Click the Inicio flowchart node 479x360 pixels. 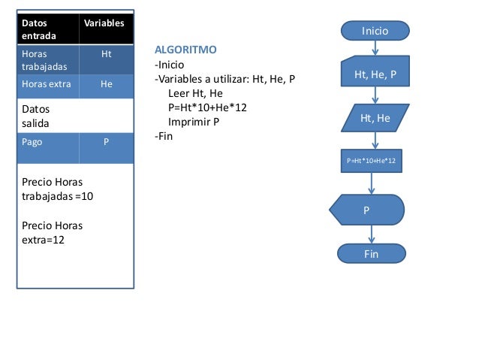click(x=375, y=31)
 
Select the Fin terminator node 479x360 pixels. click(x=371, y=254)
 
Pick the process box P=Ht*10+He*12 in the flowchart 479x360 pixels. click(x=371, y=161)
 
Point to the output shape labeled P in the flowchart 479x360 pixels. click(x=367, y=210)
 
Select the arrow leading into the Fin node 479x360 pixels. click(x=371, y=235)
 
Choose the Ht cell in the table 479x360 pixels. click(x=105, y=55)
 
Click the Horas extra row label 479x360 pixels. click(x=47, y=85)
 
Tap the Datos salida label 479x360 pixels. click(x=35, y=115)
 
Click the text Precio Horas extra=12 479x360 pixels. click(x=53, y=232)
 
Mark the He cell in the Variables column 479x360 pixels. click(x=106, y=85)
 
